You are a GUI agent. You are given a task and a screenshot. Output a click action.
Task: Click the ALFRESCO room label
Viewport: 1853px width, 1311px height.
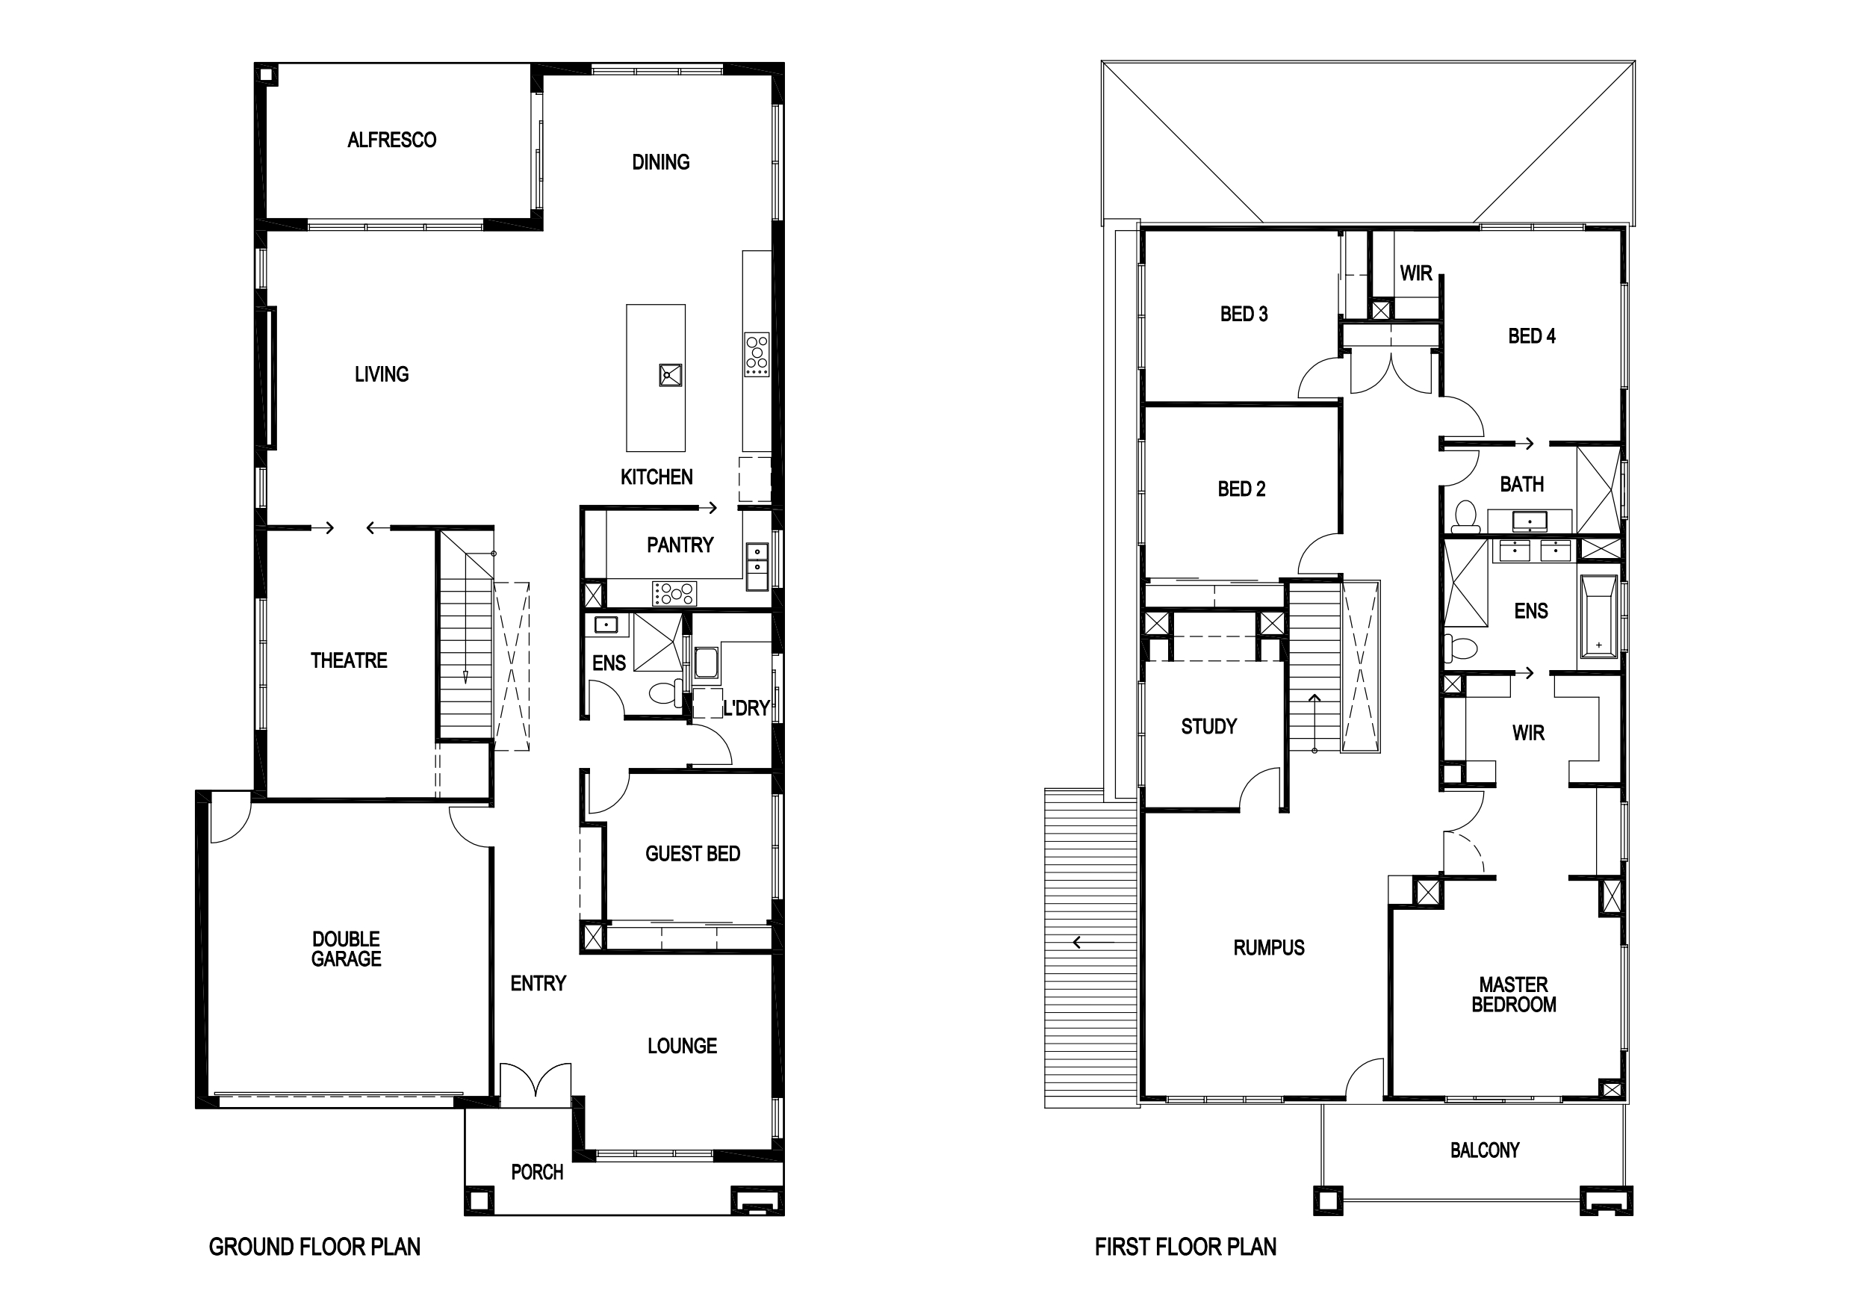tap(391, 140)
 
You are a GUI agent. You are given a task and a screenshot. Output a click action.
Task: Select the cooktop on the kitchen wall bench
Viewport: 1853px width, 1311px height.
tap(757, 354)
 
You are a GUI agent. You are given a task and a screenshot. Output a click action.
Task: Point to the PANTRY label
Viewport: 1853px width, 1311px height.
tap(680, 546)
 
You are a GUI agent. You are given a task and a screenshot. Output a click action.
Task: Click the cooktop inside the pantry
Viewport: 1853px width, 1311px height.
tap(674, 593)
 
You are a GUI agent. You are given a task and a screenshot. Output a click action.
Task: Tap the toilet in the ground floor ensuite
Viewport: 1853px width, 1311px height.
tap(665, 692)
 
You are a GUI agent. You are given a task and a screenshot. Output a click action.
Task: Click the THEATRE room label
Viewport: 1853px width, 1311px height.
tap(349, 661)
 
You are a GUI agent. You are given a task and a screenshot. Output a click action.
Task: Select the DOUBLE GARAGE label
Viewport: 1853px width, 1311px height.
tap(347, 949)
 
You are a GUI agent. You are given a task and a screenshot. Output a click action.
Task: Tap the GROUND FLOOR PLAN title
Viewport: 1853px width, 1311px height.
tap(314, 1248)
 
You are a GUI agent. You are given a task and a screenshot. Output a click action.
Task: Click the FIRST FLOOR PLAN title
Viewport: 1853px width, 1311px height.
tap(1185, 1248)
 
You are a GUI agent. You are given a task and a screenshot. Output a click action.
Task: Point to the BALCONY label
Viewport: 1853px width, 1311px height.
tap(1484, 1150)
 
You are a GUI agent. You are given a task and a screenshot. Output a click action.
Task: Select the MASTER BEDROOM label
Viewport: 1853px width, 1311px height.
tap(1513, 995)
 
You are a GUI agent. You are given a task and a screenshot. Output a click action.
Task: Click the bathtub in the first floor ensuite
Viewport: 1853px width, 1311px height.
tap(1599, 617)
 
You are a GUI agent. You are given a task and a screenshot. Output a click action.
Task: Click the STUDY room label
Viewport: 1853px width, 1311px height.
tap(1208, 728)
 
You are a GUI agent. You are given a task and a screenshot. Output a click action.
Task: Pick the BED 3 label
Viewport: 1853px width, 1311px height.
tap(1244, 314)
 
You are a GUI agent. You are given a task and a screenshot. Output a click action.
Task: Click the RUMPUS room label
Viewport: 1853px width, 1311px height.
tap(1269, 949)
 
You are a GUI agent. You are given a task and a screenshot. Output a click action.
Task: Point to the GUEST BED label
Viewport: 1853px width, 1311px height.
tap(692, 854)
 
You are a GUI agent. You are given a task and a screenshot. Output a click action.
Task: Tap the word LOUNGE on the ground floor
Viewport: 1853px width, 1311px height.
tap(682, 1047)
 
